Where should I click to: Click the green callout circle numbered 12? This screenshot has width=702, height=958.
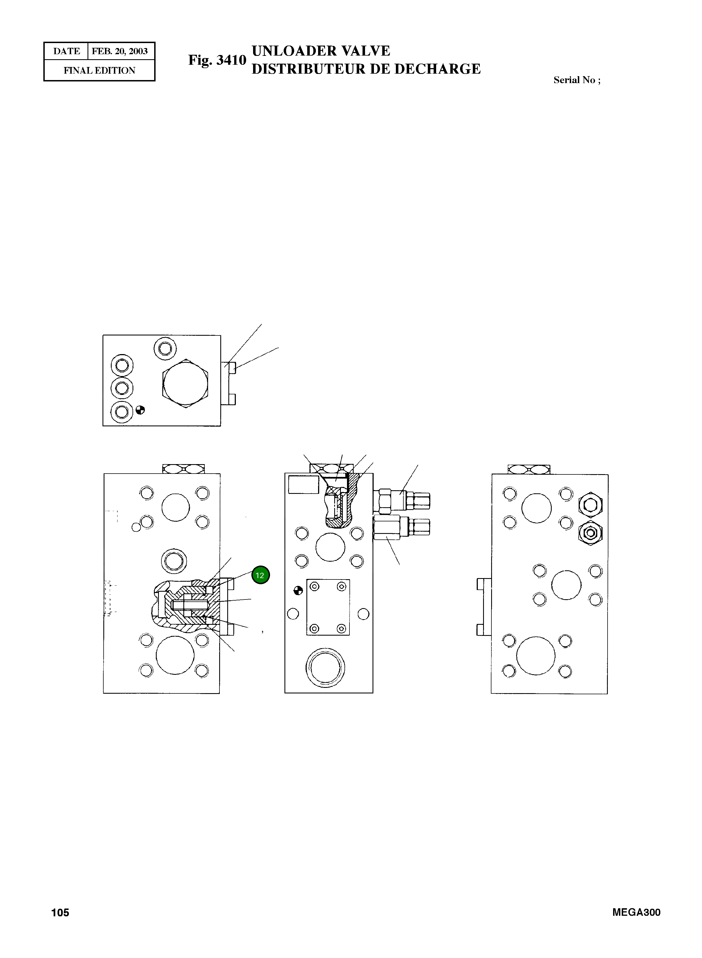pos(261,576)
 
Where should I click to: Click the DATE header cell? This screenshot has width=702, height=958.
pos(67,51)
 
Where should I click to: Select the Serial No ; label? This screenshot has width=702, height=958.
pos(577,80)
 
